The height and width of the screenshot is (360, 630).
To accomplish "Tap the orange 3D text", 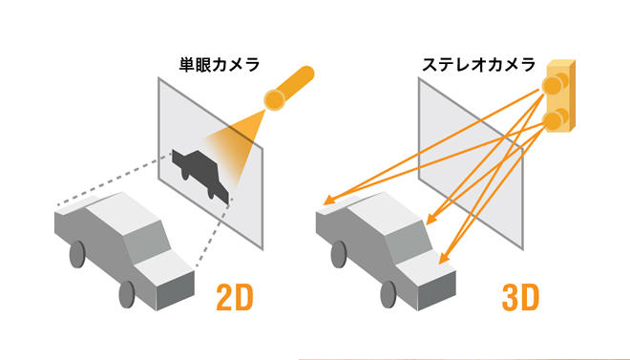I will point(519,298).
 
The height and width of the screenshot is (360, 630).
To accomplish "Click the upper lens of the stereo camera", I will point(551,87).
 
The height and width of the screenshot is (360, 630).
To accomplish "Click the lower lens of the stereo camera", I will point(552,119).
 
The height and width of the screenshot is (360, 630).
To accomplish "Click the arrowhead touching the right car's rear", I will point(326,202).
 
